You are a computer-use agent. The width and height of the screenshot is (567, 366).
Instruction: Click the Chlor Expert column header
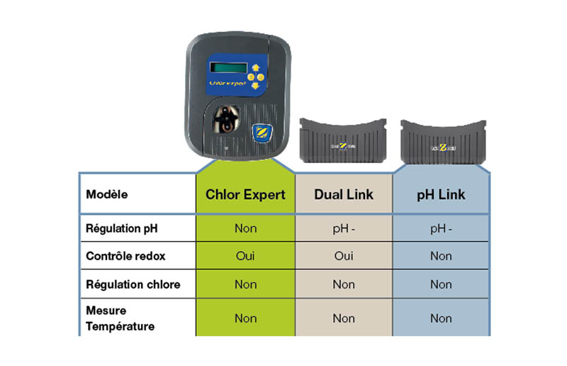click(x=245, y=194)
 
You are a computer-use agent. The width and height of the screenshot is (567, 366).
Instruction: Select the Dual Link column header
click(x=344, y=194)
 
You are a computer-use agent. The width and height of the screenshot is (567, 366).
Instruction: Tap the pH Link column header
click(x=440, y=194)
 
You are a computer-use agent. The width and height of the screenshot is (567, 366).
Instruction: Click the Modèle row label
click(x=107, y=194)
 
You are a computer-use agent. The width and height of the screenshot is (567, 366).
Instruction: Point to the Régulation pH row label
click(x=121, y=228)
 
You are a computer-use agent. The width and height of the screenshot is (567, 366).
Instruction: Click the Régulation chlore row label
click(x=133, y=284)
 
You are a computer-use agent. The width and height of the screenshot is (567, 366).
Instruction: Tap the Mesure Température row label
click(x=120, y=318)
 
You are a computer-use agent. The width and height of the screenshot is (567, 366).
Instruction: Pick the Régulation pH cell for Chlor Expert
click(x=245, y=228)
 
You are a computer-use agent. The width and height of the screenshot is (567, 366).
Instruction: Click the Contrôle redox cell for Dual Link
click(x=344, y=256)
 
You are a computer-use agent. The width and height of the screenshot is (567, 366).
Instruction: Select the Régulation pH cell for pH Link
click(x=440, y=228)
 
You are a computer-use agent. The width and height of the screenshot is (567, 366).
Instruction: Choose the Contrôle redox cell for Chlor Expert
click(x=245, y=256)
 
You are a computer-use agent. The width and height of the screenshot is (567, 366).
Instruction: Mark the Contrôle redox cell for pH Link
click(x=440, y=256)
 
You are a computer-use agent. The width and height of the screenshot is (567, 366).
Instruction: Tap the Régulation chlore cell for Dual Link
click(x=344, y=284)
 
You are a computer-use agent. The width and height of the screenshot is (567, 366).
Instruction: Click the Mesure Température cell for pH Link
click(x=440, y=318)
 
